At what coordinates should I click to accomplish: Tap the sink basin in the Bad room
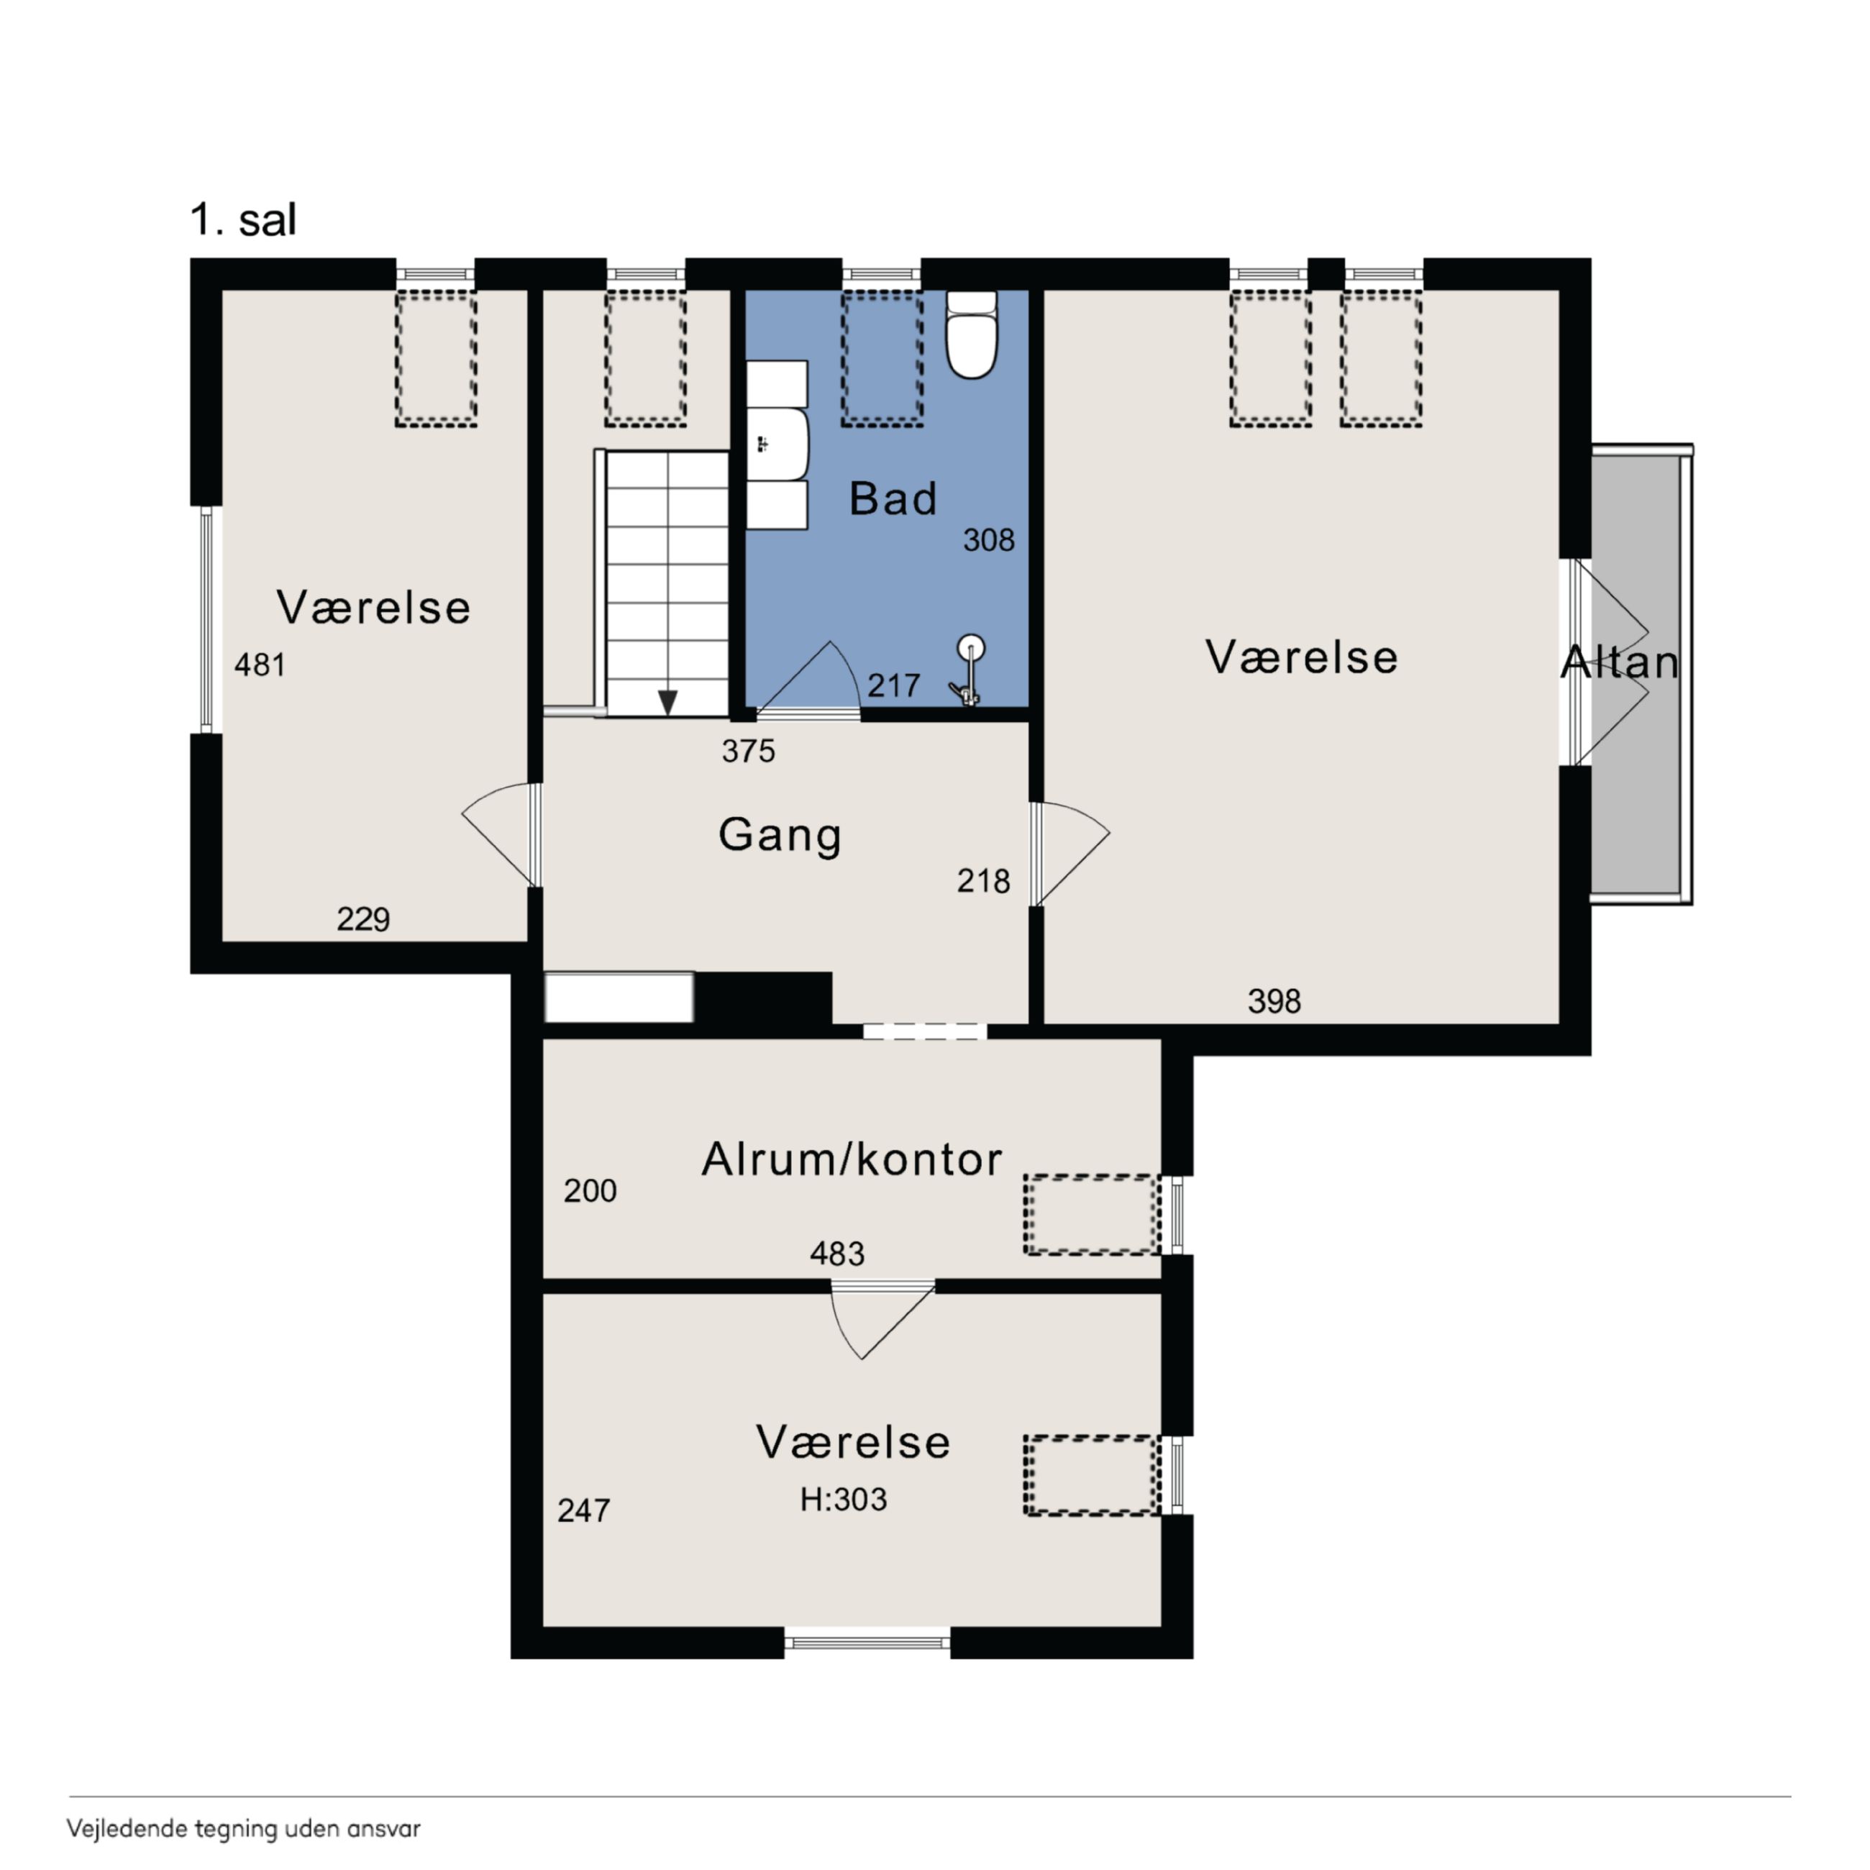pos(777,444)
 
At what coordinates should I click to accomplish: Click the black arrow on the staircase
pos(667,702)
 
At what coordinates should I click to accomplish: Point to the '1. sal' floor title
pos(243,221)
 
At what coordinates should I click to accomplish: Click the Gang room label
pos(780,835)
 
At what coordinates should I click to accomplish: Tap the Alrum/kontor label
pos(852,1159)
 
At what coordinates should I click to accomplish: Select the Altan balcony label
pos(1619,662)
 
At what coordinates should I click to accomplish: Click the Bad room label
pos(893,498)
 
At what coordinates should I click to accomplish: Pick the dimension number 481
pos(260,665)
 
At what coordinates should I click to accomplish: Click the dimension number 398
pos(1274,1001)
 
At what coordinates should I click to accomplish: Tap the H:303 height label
pos(843,1500)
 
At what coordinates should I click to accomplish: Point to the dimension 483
pos(837,1254)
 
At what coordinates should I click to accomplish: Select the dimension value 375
pos(748,751)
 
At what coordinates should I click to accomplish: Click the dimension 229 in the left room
pos(363,918)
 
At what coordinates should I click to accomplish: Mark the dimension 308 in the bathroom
pos(988,540)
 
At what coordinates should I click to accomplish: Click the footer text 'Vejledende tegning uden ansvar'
pos(244,1829)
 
